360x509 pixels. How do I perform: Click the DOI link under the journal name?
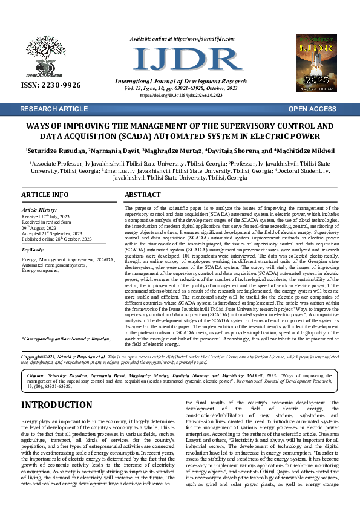181,96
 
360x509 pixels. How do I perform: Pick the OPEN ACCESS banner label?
312,109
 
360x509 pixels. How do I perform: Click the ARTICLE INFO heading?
45,195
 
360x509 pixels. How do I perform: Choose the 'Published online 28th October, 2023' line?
56,239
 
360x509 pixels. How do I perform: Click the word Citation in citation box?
35,375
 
